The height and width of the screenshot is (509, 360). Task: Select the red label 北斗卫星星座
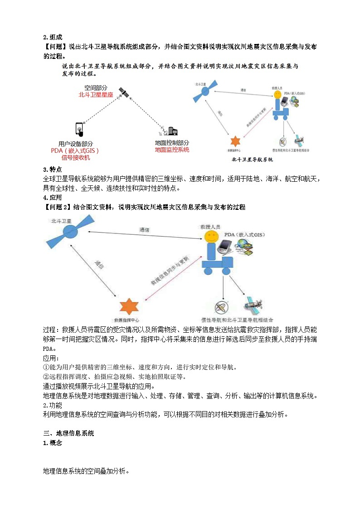[x=97, y=95]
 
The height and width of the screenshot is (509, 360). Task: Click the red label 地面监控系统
[x=172, y=150]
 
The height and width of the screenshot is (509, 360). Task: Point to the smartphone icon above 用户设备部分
[x=79, y=130]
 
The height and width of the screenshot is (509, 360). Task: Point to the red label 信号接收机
[x=76, y=158]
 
